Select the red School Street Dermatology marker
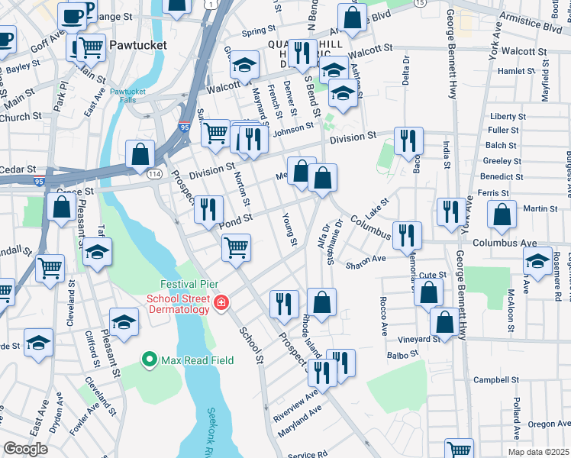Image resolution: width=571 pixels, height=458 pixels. pyautogui.click(x=221, y=304)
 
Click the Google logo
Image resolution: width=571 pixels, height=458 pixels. pyautogui.click(x=26, y=449)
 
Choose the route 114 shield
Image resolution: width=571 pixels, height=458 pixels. pyautogui.click(x=153, y=174)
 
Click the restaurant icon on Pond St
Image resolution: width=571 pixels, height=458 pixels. pyautogui.click(x=208, y=209)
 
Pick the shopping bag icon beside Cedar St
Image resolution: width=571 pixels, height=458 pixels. pyautogui.click(x=141, y=153)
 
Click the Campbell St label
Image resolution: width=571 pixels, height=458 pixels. pyautogui.click(x=490, y=379)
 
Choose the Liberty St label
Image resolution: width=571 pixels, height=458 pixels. pyautogui.click(x=504, y=116)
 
